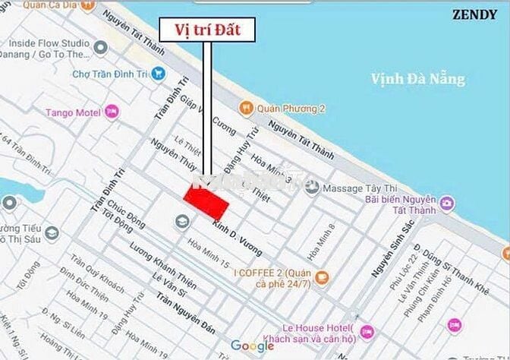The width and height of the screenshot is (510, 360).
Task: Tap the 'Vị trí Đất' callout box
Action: pyautogui.click(x=206, y=30)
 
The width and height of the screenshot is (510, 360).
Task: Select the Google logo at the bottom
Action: pyautogui.click(x=252, y=346)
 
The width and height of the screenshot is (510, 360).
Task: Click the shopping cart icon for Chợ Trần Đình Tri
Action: pyautogui.click(x=158, y=73)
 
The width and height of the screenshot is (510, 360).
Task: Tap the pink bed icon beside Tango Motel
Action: pyautogui.click(x=112, y=112)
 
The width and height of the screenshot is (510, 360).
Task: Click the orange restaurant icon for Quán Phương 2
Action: pyautogui.click(x=244, y=109)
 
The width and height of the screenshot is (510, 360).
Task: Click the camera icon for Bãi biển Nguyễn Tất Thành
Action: pyautogui.click(x=447, y=203)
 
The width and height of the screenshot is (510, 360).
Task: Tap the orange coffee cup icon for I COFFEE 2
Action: pyautogui.click(x=322, y=276)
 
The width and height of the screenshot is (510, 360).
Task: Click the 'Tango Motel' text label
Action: pyautogui.click(x=73, y=113)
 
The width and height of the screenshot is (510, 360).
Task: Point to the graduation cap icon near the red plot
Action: pyautogui.click(x=181, y=221)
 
